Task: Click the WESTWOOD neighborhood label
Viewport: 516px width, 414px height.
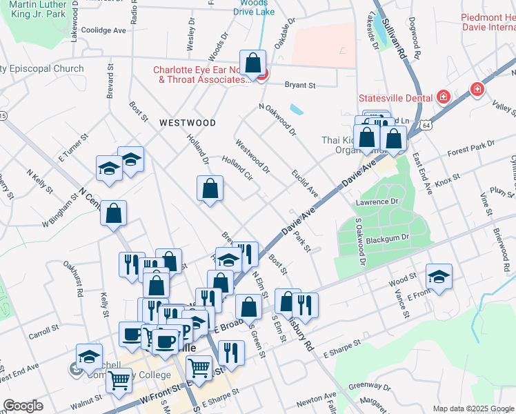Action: click(x=187, y=123)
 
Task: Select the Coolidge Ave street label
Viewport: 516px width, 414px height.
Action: click(x=103, y=30)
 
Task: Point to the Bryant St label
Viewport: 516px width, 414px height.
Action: click(x=300, y=86)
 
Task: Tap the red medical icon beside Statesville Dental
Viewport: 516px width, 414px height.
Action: click(x=442, y=97)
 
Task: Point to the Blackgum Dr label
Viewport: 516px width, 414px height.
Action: click(x=386, y=237)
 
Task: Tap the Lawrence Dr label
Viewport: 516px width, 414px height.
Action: click(x=377, y=202)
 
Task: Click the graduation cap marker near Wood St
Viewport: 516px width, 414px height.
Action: click(x=439, y=277)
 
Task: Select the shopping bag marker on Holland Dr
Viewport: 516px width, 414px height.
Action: click(x=210, y=188)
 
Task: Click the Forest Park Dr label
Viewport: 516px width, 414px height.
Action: click(x=470, y=148)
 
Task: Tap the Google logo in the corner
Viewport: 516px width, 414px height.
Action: click(x=23, y=406)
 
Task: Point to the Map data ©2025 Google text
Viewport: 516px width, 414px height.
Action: click(x=473, y=408)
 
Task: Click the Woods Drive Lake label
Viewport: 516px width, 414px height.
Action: click(x=254, y=8)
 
